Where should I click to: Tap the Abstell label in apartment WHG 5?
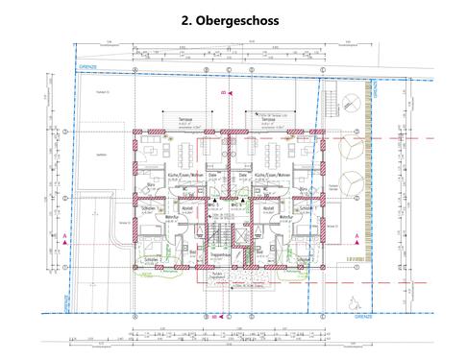point(189,206)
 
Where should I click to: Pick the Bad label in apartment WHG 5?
point(193,252)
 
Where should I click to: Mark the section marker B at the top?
point(222,92)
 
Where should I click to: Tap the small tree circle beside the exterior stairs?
point(354,101)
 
